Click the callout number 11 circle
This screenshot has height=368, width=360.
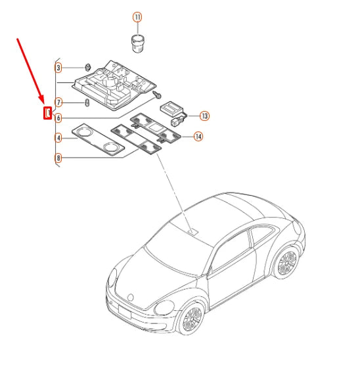(x=137, y=16)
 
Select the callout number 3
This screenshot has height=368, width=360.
(x=58, y=68)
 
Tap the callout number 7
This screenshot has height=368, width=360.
(x=58, y=103)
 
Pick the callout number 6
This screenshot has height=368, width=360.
(x=58, y=118)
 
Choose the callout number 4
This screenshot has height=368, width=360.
(x=58, y=138)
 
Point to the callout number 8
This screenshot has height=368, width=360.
(x=58, y=158)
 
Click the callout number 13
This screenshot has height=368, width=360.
(x=204, y=116)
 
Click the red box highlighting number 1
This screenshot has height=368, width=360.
(x=47, y=113)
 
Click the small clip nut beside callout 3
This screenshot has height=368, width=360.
(x=87, y=67)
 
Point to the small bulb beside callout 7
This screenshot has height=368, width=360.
(x=87, y=103)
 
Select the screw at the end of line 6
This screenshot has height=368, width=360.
(x=158, y=96)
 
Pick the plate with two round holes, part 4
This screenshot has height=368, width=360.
(x=99, y=141)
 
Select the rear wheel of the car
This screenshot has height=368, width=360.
(x=286, y=263)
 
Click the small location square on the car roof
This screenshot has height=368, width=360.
(x=192, y=231)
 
